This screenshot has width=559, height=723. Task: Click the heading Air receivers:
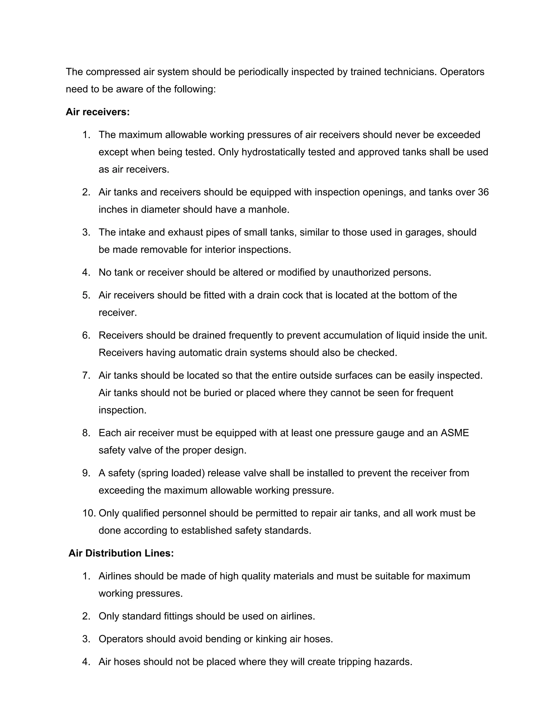coord(98,112)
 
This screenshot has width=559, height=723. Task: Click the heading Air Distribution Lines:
coord(121,553)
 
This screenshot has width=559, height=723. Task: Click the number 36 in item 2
coord(483,192)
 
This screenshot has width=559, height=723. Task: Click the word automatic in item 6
coord(200,352)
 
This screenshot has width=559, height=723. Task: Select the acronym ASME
coord(454,433)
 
